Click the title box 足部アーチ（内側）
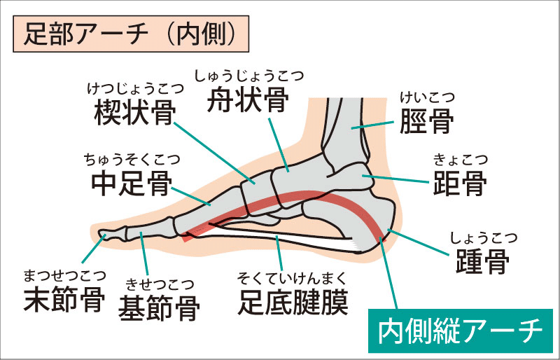[x=131, y=34]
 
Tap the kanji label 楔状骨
[x=135, y=112]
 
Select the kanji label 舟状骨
[x=248, y=99]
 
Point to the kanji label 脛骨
[x=427, y=121]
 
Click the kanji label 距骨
[x=460, y=183]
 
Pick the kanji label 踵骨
[x=482, y=261]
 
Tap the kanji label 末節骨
[x=64, y=299]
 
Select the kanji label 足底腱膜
[x=293, y=303]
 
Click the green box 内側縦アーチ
[x=461, y=331]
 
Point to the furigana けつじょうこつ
[x=136, y=89]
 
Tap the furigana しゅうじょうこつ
[x=249, y=76]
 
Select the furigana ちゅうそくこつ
[x=132, y=160]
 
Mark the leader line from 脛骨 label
[x=372, y=125]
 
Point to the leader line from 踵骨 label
[x=418, y=243]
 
